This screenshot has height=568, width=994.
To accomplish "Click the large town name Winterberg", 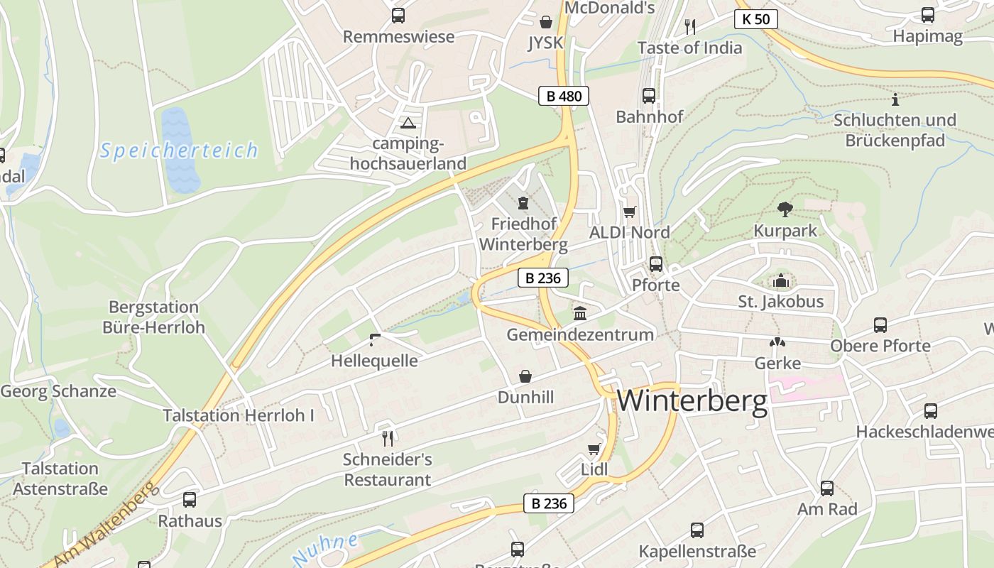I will tap(692, 401).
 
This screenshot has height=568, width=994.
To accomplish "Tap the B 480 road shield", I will tap(564, 96).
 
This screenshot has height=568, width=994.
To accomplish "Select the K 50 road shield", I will tap(755, 19).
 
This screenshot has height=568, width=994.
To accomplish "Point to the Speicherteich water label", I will tap(179, 151).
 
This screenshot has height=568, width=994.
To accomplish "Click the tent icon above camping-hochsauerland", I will tap(408, 123).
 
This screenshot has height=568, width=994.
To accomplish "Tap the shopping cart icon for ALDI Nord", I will tap(629, 212).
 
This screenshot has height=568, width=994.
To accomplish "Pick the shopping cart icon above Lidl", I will tap(594, 449).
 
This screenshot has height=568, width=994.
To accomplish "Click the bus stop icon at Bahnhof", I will tap(648, 95).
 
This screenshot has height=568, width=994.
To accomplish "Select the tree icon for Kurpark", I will tap(785, 209).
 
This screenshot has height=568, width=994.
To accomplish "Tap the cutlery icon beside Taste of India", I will tap(689, 27).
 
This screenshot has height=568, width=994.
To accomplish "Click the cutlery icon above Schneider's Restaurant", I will tap(387, 437).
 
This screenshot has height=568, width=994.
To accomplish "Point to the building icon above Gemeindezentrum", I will tap(580, 313).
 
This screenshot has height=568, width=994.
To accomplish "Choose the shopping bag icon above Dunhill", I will tap(525, 376).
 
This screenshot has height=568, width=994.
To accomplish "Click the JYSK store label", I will tap(545, 43).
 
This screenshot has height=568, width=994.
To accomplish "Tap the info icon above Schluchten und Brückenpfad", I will tap(895, 99).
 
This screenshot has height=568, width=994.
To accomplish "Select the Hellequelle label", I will tap(374, 361).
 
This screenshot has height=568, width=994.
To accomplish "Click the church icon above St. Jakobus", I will tap(781, 281).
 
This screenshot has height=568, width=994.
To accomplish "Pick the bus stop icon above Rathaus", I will tap(189, 499).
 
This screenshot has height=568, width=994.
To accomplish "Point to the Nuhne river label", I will tap(325, 549).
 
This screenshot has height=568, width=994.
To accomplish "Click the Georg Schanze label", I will tap(58, 391).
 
